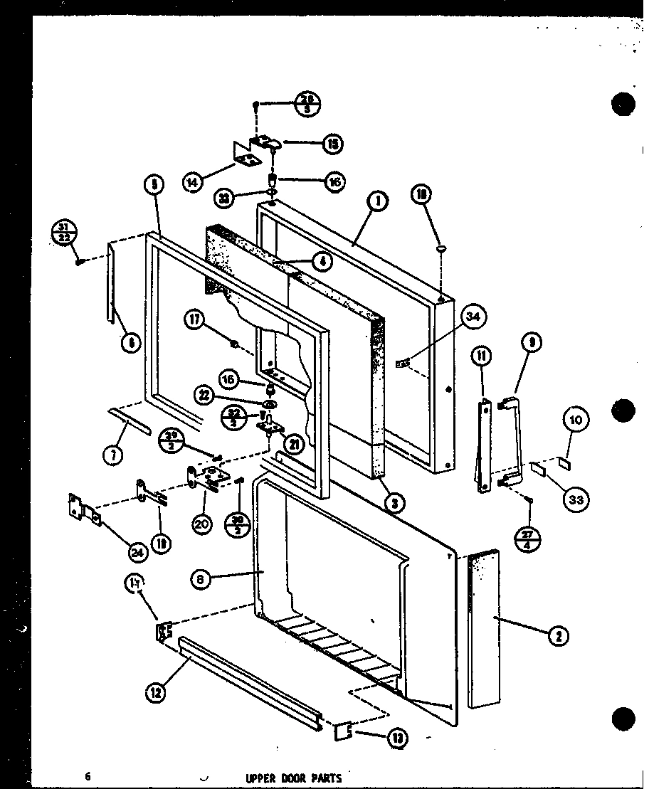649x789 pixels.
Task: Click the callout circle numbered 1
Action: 378,201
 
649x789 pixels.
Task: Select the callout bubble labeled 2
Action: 559,637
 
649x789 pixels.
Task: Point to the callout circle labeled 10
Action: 576,420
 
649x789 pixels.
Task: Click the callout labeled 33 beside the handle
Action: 576,499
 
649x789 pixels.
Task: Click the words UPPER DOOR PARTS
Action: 294,778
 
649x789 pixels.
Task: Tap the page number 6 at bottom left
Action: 88,777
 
